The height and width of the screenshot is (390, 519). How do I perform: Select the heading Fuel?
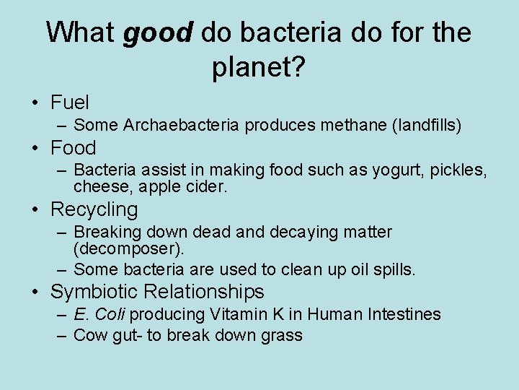coord(70,102)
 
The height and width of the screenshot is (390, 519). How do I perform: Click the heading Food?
coord(73,148)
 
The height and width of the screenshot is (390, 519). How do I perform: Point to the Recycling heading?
coord(94,209)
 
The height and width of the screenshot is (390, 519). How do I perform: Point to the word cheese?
coord(97,187)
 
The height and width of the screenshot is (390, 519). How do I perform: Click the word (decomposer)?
coord(129,249)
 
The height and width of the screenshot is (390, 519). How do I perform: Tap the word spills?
coord(396,269)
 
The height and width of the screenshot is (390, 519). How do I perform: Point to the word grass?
coord(283,335)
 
